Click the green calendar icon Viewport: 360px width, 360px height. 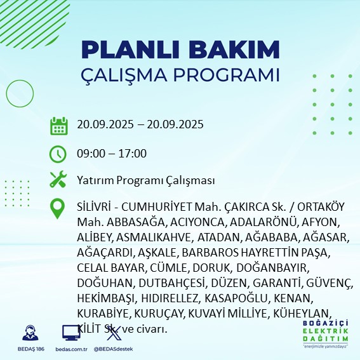click(58, 125)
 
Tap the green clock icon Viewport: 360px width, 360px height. click(58, 153)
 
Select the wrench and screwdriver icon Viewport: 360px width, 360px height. click(58, 180)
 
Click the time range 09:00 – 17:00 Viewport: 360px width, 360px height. click(112, 153)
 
